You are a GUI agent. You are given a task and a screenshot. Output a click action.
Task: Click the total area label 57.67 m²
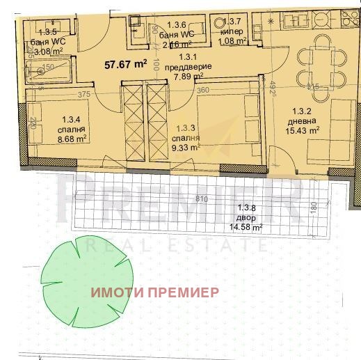[x=125, y=63]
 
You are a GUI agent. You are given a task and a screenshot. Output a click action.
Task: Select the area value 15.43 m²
[x=304, y=130]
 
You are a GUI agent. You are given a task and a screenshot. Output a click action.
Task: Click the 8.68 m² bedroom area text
[x=72, y=139]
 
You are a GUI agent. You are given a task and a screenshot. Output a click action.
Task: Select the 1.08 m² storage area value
[x=232, y=40]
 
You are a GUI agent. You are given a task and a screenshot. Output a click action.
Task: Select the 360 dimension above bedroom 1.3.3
[x=202, y=90]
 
